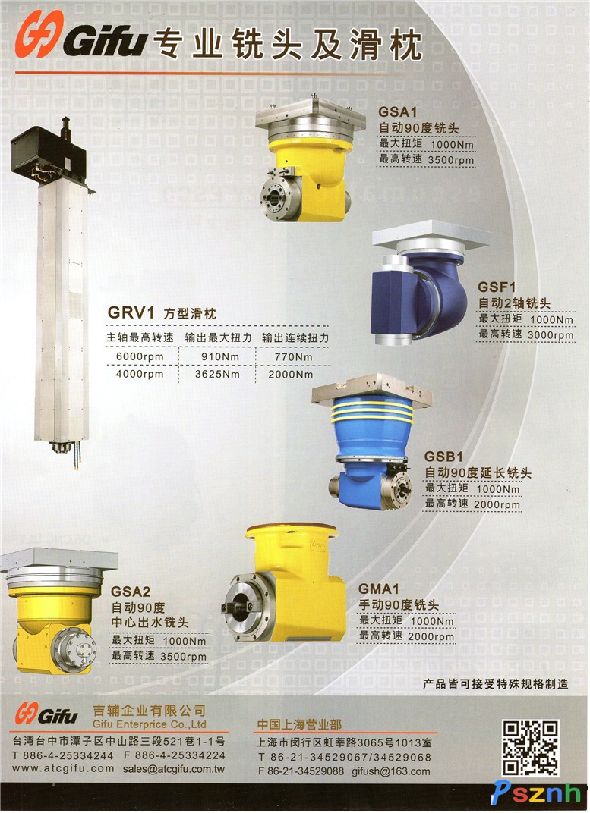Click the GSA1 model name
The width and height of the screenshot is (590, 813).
point(397,111)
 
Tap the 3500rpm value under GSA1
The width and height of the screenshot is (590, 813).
point(451,160)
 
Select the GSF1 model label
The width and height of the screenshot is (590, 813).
point(497,287)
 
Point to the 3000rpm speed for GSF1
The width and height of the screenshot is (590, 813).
point(551,335)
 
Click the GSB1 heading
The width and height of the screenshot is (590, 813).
point(443,457)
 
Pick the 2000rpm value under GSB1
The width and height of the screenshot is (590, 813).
point(497,504)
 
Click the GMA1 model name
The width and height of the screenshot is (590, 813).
point(379,589)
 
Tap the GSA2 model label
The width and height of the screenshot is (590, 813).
point(131,592)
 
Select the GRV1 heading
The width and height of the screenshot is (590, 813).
point(131,312)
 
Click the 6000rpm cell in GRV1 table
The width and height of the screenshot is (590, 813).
point(140,356)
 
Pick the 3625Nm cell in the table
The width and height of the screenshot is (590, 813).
point(217,374)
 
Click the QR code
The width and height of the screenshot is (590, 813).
point(530,748)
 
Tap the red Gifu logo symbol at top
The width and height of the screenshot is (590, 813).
point(39,34)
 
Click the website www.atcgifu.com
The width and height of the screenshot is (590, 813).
point(63,768)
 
